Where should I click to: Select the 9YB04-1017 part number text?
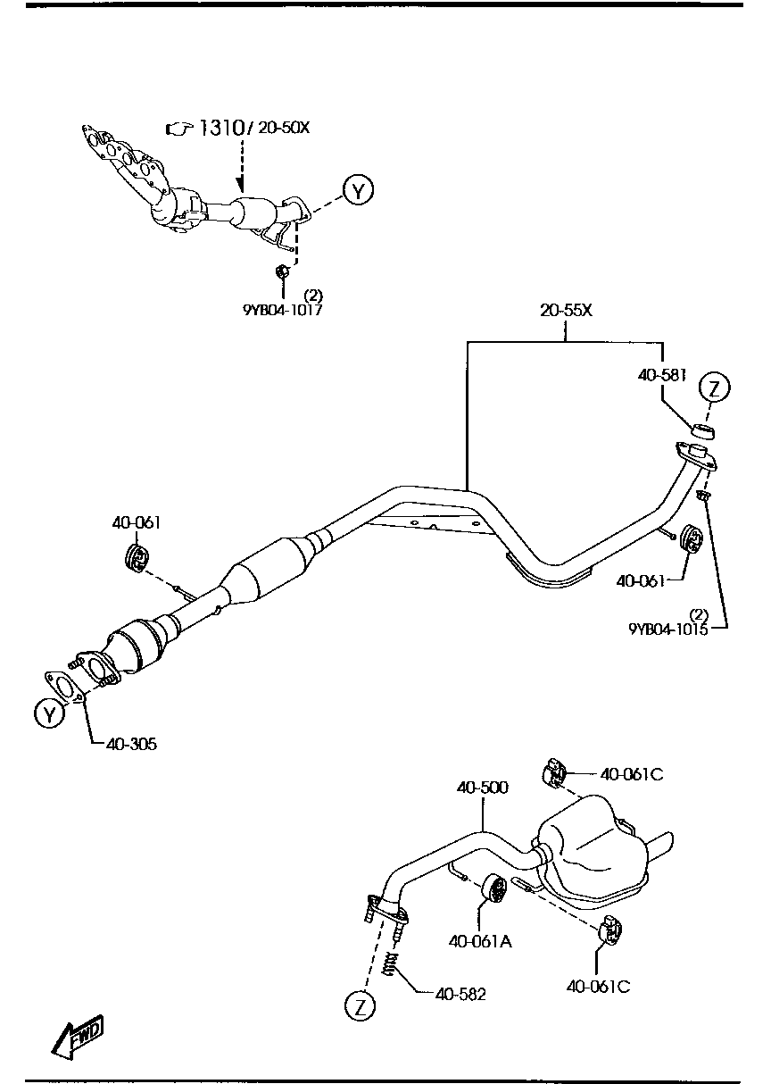pos(282,311)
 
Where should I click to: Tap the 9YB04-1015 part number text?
pos(667,628)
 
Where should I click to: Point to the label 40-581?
pos(661,376)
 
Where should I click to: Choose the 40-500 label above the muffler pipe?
pos(482,788)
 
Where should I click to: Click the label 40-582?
pos(460,994)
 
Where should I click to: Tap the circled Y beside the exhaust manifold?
pos(359,190)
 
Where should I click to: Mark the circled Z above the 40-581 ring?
pos(714,388)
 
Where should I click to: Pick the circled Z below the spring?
pos(360,1006)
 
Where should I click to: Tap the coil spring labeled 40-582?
pos(389,964)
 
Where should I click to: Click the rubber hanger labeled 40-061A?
pos(495,890)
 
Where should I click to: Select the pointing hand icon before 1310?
pos(179,129)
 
